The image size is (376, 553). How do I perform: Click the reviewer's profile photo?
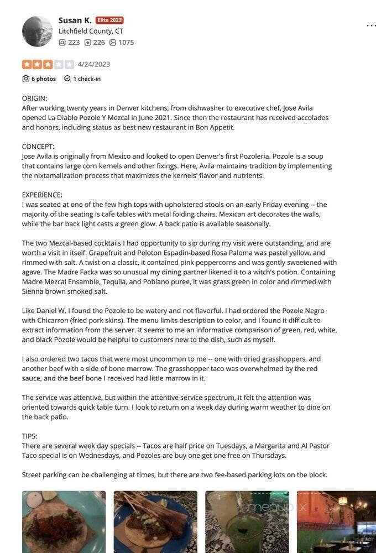click(x=37, y=31)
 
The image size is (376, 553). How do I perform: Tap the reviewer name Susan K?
click(x=75, y=20)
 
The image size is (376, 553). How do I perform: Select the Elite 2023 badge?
click(x=109, y=20)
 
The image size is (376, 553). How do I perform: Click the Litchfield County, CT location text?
click(x=91, y=32)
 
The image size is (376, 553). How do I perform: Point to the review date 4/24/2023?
click(x=93, y=64)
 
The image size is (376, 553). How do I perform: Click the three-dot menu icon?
click(x=371, y=25)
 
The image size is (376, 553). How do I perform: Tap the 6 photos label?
click(x=39, y=79)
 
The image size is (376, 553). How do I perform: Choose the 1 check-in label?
click(x=82, y=79)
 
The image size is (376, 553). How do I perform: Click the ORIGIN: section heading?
click(x=34, y=98)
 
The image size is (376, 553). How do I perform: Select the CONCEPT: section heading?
click(x=38, y=147)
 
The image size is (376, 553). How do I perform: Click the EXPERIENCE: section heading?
click(x=42, y=195)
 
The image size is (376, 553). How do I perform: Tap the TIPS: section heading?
click(x=29, y=436)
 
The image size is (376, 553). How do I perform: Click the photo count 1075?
click(x=122, y=43)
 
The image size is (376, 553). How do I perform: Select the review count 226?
click(x=95, y=43)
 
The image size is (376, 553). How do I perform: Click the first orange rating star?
click(x=27, y=64)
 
